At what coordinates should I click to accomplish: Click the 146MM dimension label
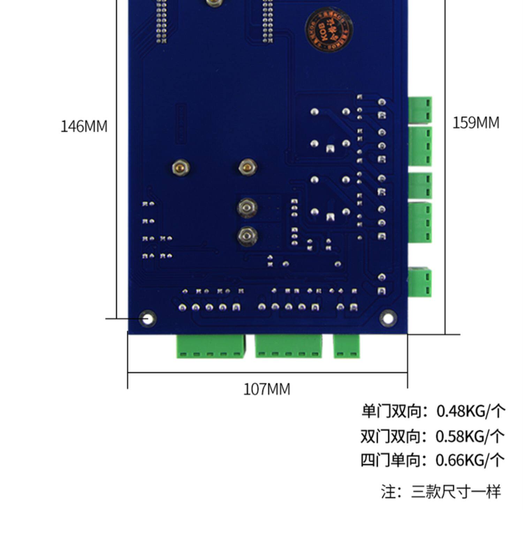click(84, 126)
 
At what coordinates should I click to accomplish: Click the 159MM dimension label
click(476, 123)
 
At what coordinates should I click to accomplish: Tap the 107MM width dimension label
click(266, 389)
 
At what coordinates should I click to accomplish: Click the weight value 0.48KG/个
click(471, 411)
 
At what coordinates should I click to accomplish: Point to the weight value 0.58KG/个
click(470, 436)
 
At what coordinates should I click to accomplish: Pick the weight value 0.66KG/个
click(470, 460)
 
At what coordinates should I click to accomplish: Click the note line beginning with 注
click(441, 492)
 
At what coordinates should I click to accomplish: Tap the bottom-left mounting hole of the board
click(147, 318)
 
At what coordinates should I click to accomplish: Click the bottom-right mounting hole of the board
click(388, 318)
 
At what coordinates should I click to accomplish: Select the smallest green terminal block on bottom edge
click(346, 346)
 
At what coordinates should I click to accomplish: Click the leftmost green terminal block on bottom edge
click(210, 346)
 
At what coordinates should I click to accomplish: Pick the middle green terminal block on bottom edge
click(288, 346)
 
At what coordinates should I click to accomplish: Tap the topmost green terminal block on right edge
click(420, 110)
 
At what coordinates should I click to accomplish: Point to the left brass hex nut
click(181, 168)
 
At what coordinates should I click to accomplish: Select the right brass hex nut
click(248, 168)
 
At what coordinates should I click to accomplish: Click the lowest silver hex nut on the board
click(248, 237)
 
